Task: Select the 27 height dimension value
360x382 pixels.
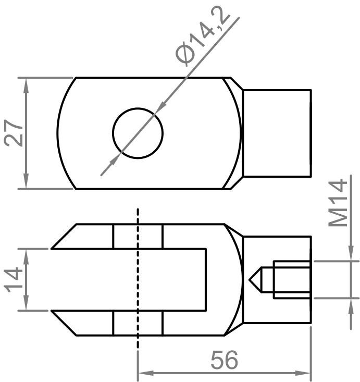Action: pos(15,133)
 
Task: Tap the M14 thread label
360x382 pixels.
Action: pos(339,203)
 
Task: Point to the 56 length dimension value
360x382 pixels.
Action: pos(224,360)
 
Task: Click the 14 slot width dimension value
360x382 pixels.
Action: pos(15,280)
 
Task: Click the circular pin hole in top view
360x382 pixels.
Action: pos(138,133)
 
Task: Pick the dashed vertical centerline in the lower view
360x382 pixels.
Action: pos(138,281)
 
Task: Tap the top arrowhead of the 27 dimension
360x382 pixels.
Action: pos(25,83)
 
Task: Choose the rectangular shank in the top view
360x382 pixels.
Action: pos(277,133)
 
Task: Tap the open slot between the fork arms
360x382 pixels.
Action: pos(130,280)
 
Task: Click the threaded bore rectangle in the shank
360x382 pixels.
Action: pos(292,280)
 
